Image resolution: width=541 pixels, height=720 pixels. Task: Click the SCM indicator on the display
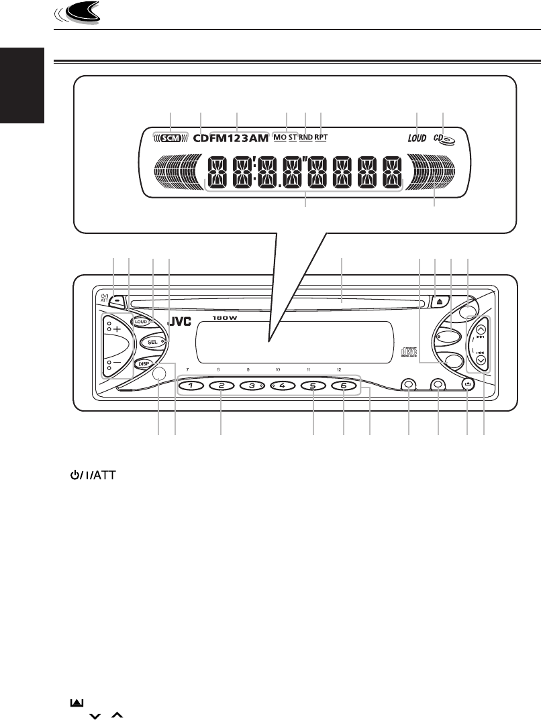170,138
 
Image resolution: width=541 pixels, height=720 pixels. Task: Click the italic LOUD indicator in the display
417,139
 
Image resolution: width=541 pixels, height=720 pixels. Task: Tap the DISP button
143,365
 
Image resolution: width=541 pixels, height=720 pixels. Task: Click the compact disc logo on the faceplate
409,352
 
